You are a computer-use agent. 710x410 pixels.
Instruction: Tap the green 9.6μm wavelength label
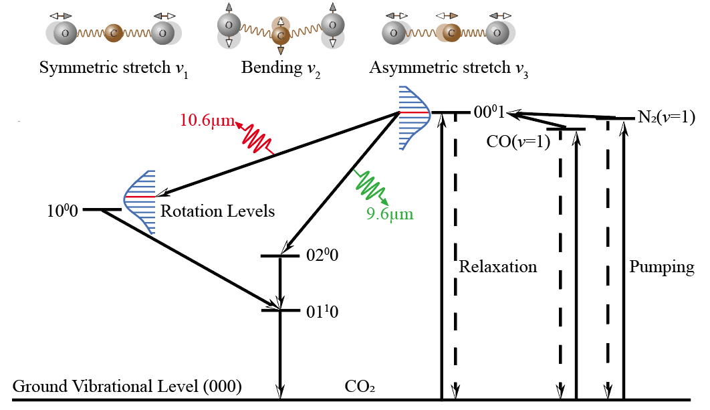click(390, 214)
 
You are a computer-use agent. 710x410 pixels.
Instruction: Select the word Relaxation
click(498, 267)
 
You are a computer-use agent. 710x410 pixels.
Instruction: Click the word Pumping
click(662, 267)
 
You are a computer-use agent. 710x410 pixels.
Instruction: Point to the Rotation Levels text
click(217, 211)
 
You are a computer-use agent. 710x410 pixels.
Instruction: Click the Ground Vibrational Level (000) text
click(127, 387)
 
